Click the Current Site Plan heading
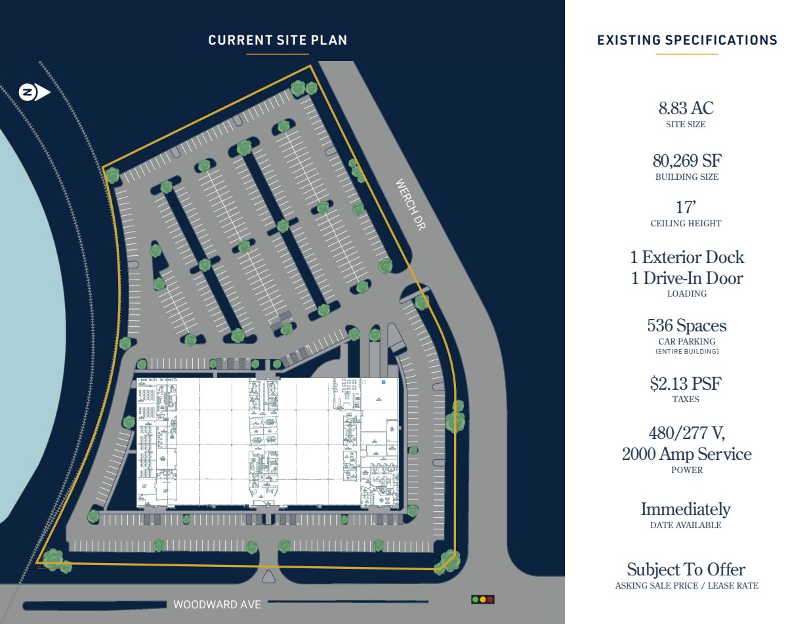click(x=278, y=40)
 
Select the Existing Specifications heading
click(x=687, y=40)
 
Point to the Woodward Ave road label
click(x=217, y=604)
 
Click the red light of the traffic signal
click(x=490, y=599)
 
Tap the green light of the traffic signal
click(x=475, y=599)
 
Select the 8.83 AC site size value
click(x=686, y=108)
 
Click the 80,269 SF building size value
click(x=686, y=161)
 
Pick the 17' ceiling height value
click(x=686, y=207)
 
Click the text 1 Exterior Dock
click(x=687, y=257)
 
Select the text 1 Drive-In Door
click(x=687, y=278)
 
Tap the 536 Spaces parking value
click(x=686, y=325)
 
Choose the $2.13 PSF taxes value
click(x=686, y=383)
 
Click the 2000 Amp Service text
click(x=686, y=454)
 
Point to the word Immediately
click(x=686, y=509)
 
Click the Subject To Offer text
click(x=686, y=570)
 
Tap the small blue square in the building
click(x=384, y=381)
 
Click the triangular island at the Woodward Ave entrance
click(x=268, y=577)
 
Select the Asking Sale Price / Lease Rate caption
click(x=686, y=585)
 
